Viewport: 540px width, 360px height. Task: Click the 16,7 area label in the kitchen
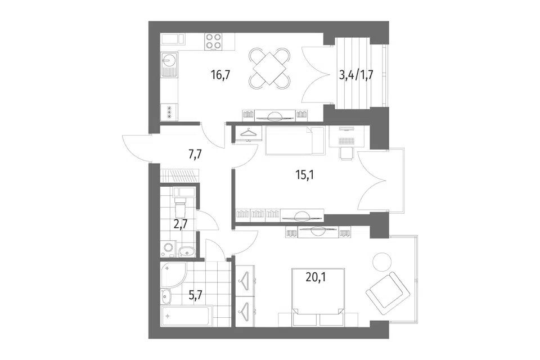pyautogui.click(x=220, y=75)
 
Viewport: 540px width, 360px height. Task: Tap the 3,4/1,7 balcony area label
pyautogui.click(x=357, y=75)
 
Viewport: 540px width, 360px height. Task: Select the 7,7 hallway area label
pyautogui.click(x=195, y=154)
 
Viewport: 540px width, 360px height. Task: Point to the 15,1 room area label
pyautogui.click(x=305, y=175)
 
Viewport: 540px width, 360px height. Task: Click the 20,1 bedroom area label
pyautogui.click(x=316, y=277)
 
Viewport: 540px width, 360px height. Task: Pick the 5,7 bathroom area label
pyautogui.click(x=195, y=295)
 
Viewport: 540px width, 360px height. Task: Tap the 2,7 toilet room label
pyautogui.click(x=181, y=224)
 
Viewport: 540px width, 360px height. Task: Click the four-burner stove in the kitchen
pyautogui.click(x=214, y=41)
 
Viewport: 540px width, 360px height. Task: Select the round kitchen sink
pyautogui.click(x=169, y=61)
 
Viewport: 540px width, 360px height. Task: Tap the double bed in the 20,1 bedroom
pyautogui.click(x=318, y=297)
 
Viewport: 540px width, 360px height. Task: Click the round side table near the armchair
pyautogui.click(x=382, y=262)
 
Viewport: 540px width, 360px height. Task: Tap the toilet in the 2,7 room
pyautogui.click(x=180, y=205)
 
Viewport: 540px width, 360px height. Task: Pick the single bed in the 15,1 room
pyautogui.click(x=295, y=140)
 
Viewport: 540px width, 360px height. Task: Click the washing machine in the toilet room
pyautogui.click(x=169, y=249)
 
